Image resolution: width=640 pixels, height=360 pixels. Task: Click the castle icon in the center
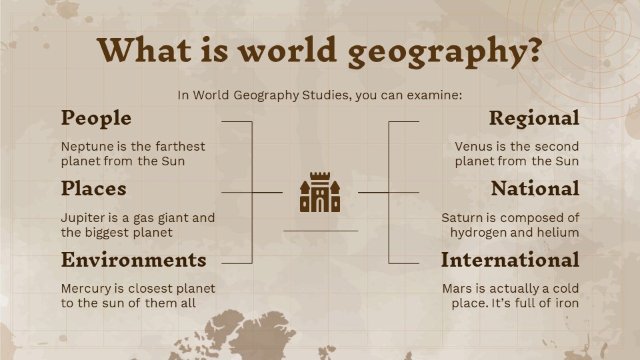[x=320, y=193]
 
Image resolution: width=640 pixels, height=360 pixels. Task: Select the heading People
[x=96, y=118]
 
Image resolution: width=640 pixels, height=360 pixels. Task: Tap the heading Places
[x=93, y=189]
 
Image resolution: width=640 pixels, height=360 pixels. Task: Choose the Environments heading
[x=133, y=259]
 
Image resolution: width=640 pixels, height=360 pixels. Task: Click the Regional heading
[x=534, y=118]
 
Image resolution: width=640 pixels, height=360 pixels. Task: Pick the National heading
[x=535, y=189]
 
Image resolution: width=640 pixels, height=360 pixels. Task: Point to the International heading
[x=510, y=259]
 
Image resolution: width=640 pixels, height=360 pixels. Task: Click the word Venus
[x=472, y=146]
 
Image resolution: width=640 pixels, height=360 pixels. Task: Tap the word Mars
[x=457, y=289]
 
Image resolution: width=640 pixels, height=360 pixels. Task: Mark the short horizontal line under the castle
[x=320, y=231]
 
